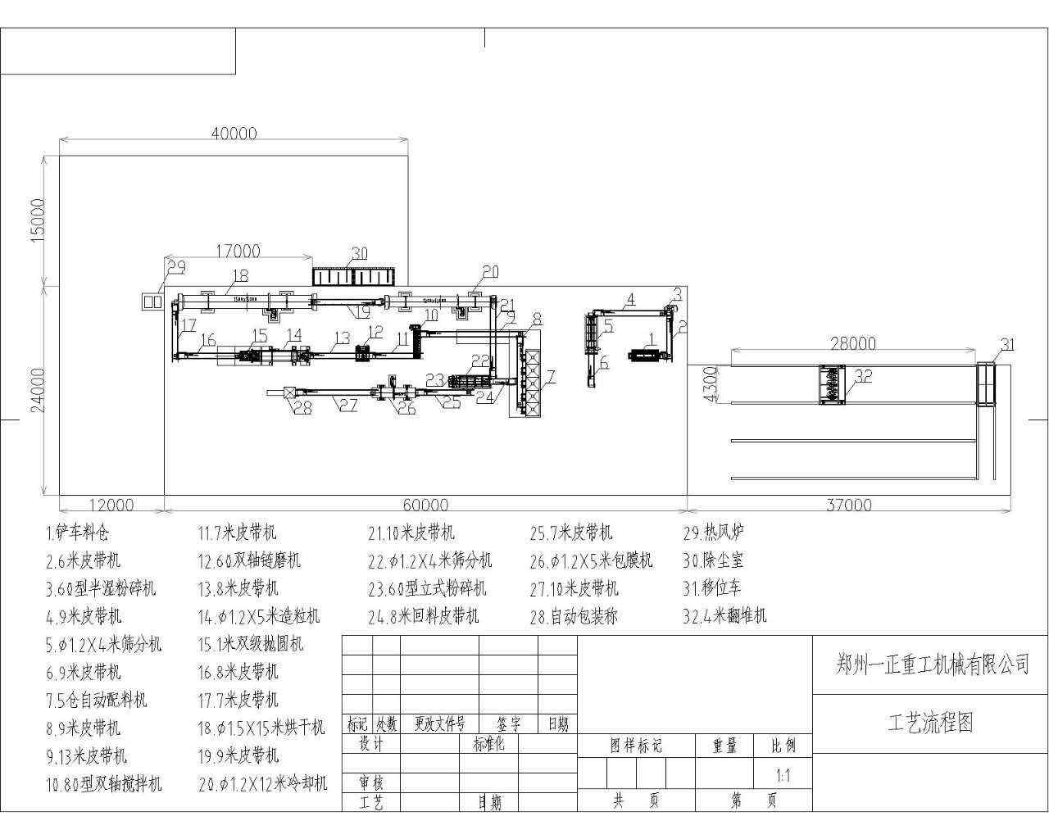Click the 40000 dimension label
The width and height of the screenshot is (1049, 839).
pos(234,134)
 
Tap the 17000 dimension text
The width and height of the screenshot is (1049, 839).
pos(238,252)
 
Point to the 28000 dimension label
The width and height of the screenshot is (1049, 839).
pos(853,343)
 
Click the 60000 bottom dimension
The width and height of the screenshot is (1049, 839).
pos(426,506)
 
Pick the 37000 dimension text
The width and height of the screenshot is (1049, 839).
pos(849,506)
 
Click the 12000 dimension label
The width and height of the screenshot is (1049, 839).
pos(111,506)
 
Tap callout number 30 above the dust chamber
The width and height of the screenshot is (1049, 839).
pos(359,253)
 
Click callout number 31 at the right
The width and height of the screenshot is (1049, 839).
pos(1007,345)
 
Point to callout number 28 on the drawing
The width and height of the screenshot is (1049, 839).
pos(303,407)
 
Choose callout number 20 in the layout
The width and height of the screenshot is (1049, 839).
pos(490,272)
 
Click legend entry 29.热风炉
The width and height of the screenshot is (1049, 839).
pos(714,533)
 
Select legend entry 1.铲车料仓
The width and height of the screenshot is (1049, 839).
pos(77,533)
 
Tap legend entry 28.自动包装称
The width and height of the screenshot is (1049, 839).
pos(574,617)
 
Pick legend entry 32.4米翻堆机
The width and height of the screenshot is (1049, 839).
pos(725,616)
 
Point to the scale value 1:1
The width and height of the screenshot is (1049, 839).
pos(783,775)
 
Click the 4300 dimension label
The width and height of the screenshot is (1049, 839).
pos(711,383)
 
